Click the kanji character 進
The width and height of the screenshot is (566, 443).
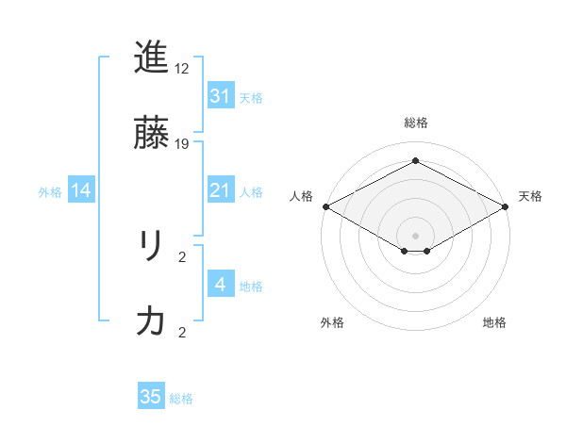coord(151,57)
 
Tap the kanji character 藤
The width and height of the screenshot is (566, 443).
coord(151,135)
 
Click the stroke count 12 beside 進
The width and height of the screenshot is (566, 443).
coord(182,69)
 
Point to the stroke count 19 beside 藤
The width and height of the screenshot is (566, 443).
coord(182,144)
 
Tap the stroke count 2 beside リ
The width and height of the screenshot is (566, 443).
coord(182,256)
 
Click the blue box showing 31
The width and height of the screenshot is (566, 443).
coord(220,96)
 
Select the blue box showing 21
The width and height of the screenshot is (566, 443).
coord(220,191)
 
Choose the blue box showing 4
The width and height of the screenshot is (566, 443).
coord(220,285)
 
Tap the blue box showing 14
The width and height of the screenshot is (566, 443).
coord(81,191)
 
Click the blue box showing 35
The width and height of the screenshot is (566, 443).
coord(151,397)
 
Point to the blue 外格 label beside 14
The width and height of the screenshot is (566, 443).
coord(50,192)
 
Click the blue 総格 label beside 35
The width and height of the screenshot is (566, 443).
coord(181,399)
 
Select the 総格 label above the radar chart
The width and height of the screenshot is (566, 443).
coord(415,123)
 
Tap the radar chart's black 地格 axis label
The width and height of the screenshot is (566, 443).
coord(494,322)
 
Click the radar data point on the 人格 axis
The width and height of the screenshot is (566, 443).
coord(325,205)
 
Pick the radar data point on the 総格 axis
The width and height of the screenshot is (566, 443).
coord(415,161)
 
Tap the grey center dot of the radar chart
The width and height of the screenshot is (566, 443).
coord(415,235)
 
